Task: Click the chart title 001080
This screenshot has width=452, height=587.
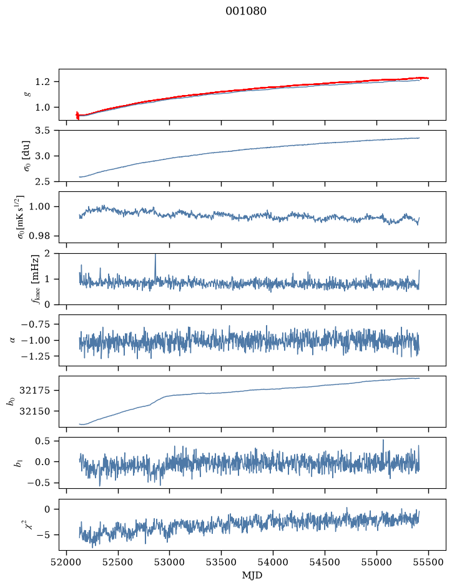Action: click(x=246, y=11)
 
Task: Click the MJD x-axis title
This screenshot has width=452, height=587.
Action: click(x=252, y=575)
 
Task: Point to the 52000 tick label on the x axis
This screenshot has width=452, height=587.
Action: click(x=67, y=562)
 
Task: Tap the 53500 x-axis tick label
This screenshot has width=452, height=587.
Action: click(x=221, y=562)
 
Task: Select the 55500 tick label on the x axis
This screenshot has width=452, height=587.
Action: click(x=428, y=562)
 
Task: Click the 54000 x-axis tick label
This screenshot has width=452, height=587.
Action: click(x=273, y=562)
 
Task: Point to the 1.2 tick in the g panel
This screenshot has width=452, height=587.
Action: click(x=42, y=82)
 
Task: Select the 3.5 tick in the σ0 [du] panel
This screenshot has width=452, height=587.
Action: click(x=42, y=130)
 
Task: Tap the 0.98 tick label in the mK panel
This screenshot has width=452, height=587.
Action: click(x=39, y=236)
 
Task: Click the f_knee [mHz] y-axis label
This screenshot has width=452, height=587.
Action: click(x=35, y=279)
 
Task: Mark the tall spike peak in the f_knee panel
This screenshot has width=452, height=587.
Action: click(x=155, y=254)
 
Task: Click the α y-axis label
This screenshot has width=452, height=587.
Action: click(x=12, y=340)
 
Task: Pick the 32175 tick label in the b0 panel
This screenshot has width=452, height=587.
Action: click(x=34, y=391)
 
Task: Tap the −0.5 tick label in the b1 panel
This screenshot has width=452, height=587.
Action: click(x=38, y=483)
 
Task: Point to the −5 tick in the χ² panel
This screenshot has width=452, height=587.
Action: click(x=43, y=535)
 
